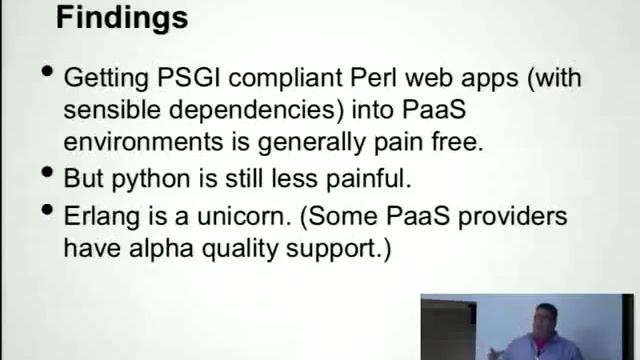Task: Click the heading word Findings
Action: pyautogui.click(x=121, y=17)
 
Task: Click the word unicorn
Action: pyautogui.click(x=263, y=216)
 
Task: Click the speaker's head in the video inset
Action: pyautogui.click(x=547, y=318)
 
